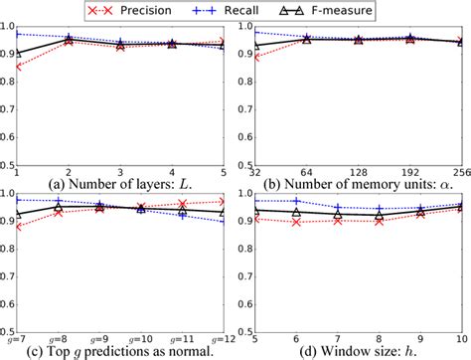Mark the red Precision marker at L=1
pyautogui.click(x=15, y=67)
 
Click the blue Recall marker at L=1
pyautogui.click(x=15, y=35)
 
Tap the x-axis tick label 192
pyautogui.click(x=407, y=160)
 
